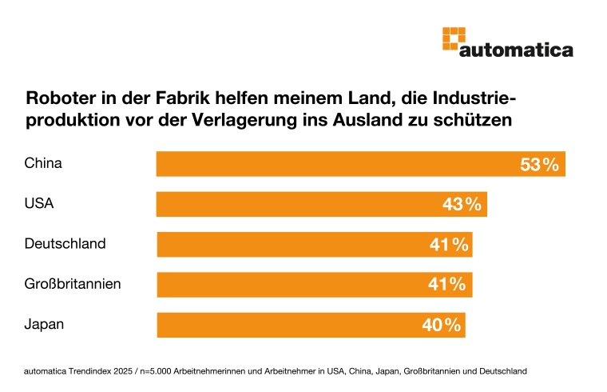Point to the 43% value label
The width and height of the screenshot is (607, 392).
tap(462, 205)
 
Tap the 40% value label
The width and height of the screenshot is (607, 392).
tap(442, 326)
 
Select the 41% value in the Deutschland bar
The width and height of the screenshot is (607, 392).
tap(448, 245)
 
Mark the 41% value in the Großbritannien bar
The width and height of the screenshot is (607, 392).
tap(447, 285)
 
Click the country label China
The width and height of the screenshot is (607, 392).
tap(43, 164)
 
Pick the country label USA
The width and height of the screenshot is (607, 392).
tap(39, 204)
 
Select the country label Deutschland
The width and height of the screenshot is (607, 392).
tap(65, 244)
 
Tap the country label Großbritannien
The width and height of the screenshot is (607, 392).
tap(73, 284)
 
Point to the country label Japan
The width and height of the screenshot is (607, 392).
tap(44, 325)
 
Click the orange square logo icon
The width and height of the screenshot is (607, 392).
tap(454, 38)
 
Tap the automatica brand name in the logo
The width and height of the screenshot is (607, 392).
tap(516, 50)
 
